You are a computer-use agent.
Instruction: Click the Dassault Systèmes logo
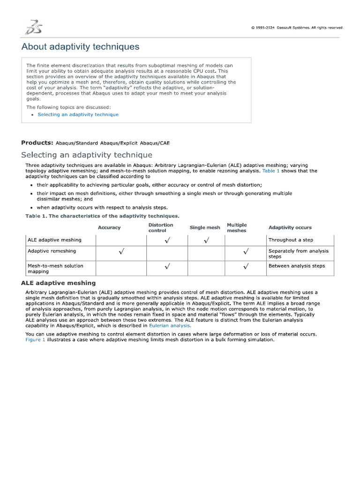coord(33,27)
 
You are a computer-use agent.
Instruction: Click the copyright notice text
coord(297,28)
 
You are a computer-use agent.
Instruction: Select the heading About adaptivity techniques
coord(80,47)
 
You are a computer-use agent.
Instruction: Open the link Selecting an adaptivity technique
coord(78,114)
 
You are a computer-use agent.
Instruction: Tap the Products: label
coord(37,142)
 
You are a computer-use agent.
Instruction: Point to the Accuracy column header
coord(109,228)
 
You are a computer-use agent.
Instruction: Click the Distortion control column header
coord(160,228)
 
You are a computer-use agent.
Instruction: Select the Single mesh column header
coord(204,228)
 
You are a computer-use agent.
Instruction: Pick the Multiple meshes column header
coord(237,228)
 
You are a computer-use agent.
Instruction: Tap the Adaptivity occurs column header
coord(290,228)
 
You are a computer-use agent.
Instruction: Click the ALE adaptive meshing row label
coord(54,240)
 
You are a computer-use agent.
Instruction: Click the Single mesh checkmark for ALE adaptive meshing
coord(206,240)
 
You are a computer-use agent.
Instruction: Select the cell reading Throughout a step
coord(291,240)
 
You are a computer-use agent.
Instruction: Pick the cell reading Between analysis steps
coord(296,266)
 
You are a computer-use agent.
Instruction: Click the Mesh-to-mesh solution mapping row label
coord(55,269)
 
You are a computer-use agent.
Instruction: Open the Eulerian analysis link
coord(169,325)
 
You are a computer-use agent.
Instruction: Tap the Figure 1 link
coord(35,339)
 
